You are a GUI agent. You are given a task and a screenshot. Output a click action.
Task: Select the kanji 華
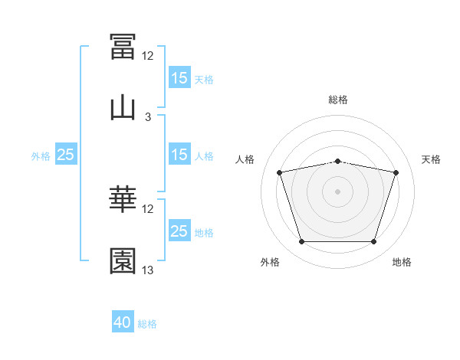[123, 200]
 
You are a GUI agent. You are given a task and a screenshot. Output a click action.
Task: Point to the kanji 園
[123, 261]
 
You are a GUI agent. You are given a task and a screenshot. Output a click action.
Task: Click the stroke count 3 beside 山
[148, 117]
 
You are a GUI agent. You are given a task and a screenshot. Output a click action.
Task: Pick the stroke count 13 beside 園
[148, 270]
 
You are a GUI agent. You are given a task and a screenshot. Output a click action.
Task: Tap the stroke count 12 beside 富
[148, 56]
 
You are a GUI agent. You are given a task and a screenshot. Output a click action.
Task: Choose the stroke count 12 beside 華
[148, 209]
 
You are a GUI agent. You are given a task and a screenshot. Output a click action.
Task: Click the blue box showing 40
[123, 322]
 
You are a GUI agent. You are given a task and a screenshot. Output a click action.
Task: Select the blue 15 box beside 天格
[179, 77]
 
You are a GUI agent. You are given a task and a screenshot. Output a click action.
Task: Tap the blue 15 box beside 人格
[179, 155]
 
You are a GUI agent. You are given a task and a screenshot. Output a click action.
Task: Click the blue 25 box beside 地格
[179, 231]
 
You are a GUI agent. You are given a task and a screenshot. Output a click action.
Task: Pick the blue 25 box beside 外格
[66, 155]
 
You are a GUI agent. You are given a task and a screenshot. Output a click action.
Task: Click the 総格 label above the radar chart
[338, 100]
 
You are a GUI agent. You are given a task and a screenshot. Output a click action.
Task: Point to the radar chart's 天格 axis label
[432, 159]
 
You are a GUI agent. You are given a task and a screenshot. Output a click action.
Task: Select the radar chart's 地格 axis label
[402, 262]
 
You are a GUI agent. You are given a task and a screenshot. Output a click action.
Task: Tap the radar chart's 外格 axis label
[270, 262]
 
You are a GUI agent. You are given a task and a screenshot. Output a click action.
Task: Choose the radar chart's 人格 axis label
[245, 159]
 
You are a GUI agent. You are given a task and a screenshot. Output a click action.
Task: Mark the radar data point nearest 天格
[396, 172]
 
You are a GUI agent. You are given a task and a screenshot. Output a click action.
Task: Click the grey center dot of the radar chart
[338, 191]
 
